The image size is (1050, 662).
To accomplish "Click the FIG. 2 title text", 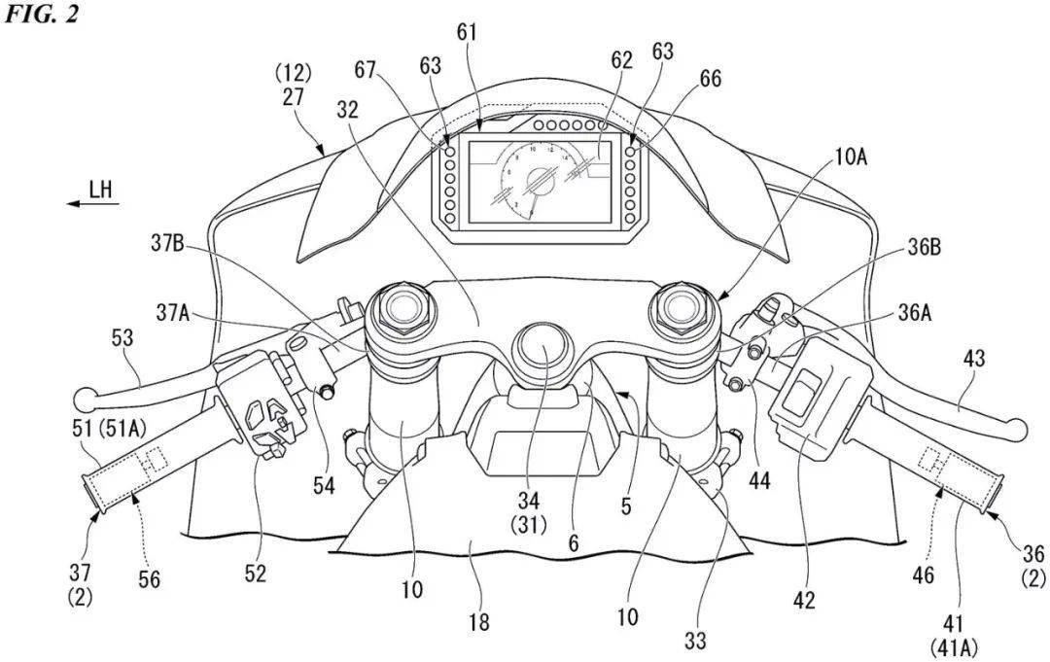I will tap(40, 17).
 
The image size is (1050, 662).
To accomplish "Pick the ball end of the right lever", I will tap(1017, 425).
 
